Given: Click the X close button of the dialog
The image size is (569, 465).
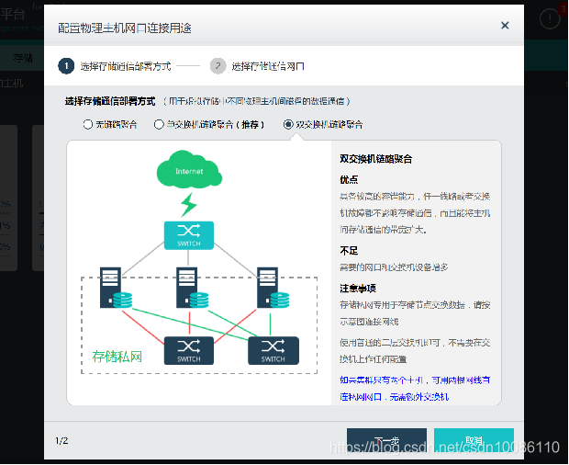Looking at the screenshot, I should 505,26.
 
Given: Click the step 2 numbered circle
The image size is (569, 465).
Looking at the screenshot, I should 218,66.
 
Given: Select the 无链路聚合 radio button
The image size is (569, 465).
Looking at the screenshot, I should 88,124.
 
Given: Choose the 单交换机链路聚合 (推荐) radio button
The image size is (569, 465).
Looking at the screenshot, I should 160,124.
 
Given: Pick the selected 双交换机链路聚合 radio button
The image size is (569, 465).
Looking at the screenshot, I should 289,124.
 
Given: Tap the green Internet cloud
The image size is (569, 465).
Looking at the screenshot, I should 189,170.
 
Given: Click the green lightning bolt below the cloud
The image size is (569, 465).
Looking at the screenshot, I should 188,203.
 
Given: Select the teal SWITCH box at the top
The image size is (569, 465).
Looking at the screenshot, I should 188,235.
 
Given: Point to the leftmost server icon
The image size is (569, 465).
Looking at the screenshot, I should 111,286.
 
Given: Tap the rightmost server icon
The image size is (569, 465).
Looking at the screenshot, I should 268,286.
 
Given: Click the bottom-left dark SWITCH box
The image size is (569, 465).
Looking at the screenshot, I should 188,351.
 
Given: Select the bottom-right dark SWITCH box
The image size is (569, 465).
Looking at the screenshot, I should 273,351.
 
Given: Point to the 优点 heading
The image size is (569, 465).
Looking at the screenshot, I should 349,180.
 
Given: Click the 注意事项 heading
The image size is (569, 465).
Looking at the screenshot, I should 356,288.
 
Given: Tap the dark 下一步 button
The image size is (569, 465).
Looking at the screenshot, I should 386,441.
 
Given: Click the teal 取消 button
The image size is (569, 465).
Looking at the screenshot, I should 474,441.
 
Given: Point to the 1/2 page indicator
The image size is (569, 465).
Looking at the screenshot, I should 61,441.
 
